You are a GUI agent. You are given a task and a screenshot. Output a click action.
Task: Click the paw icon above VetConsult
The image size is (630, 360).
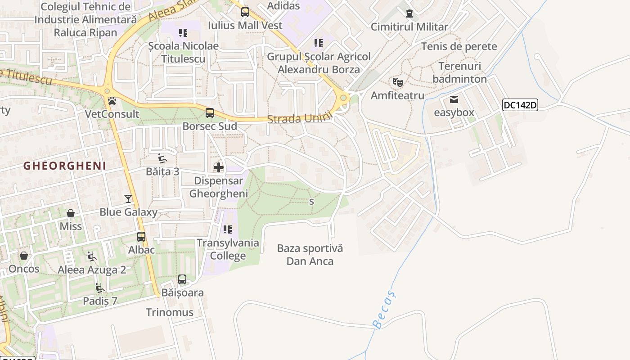pyautogui.click(x=112, y=101)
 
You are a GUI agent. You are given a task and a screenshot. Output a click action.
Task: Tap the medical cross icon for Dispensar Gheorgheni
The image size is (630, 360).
pyautogui.click(x=219, y=168)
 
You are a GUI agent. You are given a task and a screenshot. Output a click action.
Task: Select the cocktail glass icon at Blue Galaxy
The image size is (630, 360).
pyautogui.click(x=128, y=198)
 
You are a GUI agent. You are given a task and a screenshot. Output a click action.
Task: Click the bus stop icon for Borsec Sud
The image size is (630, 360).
pyautogui.click(x=210, y=113)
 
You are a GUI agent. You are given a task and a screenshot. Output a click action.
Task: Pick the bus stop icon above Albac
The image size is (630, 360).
pyautogui.click(x=141, y=237)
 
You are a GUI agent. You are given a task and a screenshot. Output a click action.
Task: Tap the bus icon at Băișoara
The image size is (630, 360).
pyautogui.click(x=182, y=279)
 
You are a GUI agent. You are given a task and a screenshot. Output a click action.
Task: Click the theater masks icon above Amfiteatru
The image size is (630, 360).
pyautogui.click(x=397, y=82)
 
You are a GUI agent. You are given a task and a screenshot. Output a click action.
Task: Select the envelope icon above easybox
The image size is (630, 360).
pyautogui.click(x=454, y=99)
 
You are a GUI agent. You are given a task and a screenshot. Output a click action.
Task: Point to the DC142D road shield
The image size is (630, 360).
pyautogui.click(x=520, y=105)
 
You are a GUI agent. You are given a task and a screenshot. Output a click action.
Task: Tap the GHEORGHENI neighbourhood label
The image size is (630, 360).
pyautogui.click(x=65, y=166)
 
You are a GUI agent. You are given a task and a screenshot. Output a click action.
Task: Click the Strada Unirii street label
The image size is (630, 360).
pyautogui.click(x=300, y=118)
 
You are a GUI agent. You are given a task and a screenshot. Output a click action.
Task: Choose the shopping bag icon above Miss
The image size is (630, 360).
pyautogui.click(x=71, y=213)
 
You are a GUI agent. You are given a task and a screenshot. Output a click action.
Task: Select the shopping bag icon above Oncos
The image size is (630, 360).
pyautogui.click(x=24, y=256)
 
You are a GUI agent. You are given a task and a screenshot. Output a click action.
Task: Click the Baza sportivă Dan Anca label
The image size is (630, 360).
pyautogui.click(x=310, y=254)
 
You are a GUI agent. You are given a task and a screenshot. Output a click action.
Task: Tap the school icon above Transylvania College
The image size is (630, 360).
pyautogui.click(x=228, y=229)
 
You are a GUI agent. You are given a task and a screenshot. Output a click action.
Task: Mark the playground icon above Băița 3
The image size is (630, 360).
pyautogui.click(x=162, y=158)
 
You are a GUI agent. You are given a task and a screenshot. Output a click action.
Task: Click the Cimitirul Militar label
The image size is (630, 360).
pyautogui.click(x=409, y=27)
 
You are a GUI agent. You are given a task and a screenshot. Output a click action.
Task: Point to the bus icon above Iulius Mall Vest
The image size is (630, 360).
pyautogui.click(x=245, y=12)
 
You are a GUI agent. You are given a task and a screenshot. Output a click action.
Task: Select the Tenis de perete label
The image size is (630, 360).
pyautogui.click(x=459, y=46)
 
